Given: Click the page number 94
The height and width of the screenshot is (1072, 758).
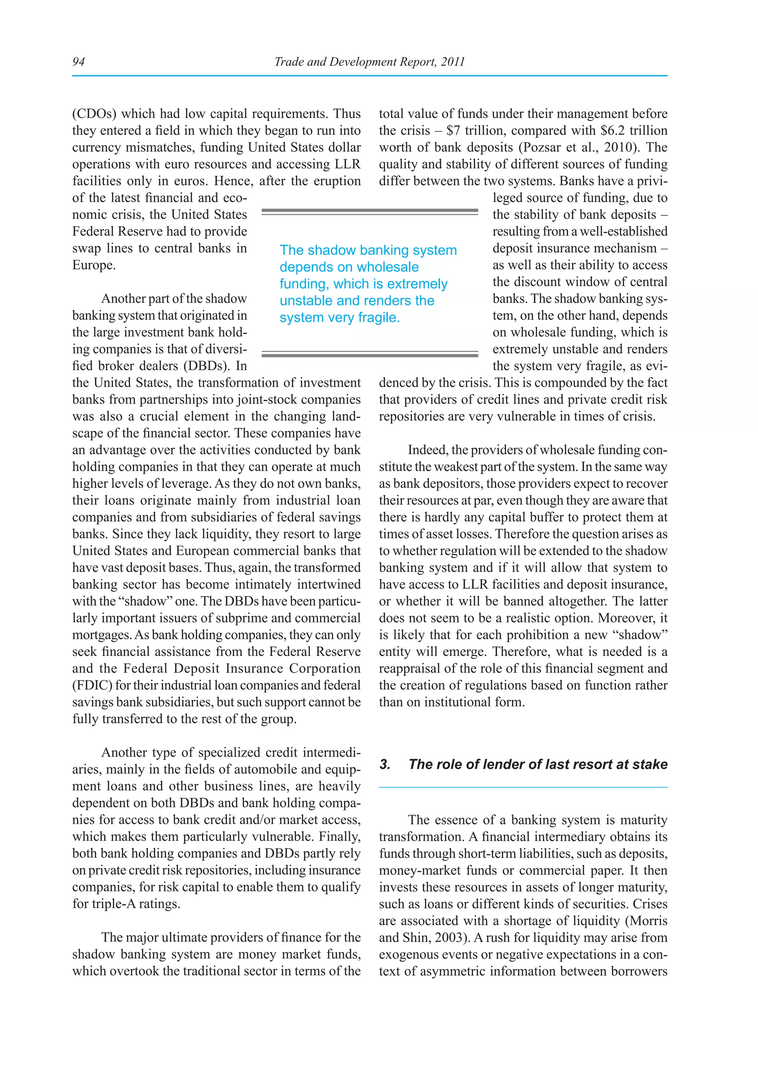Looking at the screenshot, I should pos(78,61).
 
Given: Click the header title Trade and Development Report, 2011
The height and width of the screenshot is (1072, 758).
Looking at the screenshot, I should pos(369,61).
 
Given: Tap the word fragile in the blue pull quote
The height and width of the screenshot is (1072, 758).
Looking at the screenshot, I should pos(378,318).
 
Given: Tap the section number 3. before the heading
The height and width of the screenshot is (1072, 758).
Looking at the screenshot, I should pos(385,764).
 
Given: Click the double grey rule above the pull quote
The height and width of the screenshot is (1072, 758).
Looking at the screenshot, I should pos(370,212).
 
